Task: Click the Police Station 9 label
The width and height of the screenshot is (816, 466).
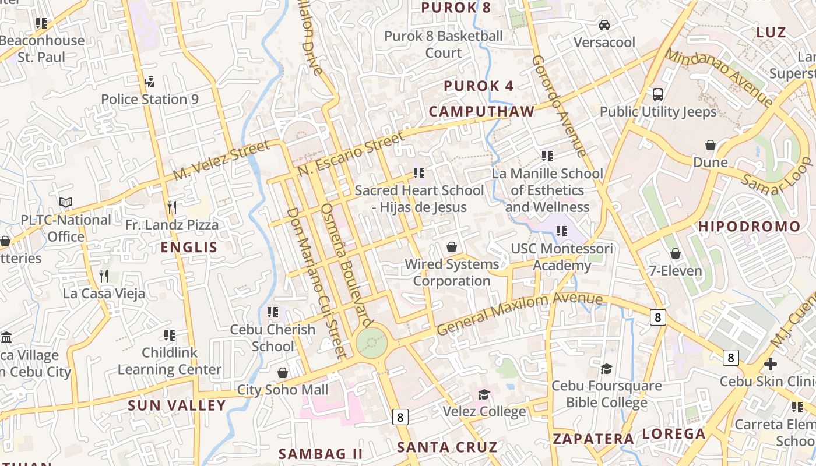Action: click(150, 99)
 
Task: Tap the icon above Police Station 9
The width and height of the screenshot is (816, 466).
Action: click(149, 81)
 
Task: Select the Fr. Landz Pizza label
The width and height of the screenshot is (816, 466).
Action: click(172, 224)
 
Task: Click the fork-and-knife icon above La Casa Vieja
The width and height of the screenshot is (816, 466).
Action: click(104, 275)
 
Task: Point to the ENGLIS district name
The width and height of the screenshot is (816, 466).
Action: click(189, 247)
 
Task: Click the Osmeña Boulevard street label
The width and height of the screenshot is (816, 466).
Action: click(346, 264)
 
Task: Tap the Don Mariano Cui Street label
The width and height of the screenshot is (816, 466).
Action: click(317, 283)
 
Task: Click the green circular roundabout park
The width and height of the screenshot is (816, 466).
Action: click(372, 343)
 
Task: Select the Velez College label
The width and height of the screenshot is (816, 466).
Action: click(484, 412)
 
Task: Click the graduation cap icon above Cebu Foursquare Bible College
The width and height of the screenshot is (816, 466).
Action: click(607, 368)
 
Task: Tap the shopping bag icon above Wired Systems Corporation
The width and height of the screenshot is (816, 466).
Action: click(452, 247)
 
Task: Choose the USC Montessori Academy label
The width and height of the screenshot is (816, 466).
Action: click(562, 257)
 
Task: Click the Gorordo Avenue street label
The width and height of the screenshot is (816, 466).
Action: click(558, 106)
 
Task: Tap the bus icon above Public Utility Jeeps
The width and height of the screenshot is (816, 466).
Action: click(658, 94)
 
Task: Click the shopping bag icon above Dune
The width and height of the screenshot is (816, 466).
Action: click(711, 144)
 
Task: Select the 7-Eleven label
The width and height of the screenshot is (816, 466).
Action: click(676, 270)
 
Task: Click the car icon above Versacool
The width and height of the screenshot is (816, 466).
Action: click(604, 25)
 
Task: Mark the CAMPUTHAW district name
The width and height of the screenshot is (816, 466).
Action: click(481, 111)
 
